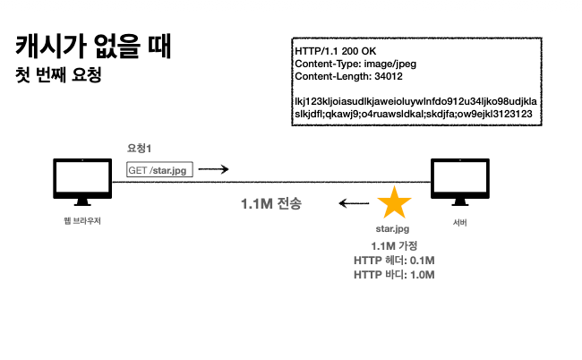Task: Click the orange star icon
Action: (x=394, y=203)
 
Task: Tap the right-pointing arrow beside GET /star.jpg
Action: (x=213, y=169)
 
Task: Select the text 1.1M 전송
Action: (x=270, y=204)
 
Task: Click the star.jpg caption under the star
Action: (x=394, y=230)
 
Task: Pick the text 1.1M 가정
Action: (x=394, y=246)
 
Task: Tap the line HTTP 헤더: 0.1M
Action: (x=394, y=260)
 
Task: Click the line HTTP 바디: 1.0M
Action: (x=394, y=274)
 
